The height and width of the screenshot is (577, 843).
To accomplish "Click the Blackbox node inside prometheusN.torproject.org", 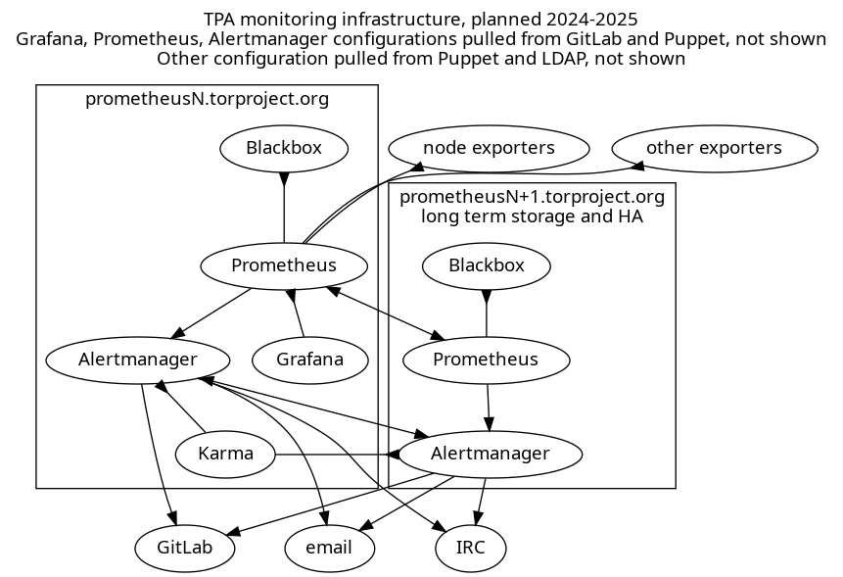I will tap(284, 149).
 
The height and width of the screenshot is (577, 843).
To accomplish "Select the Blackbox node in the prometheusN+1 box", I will tap(487, 265).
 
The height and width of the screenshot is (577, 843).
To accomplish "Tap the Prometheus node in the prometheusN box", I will tap(284, 265).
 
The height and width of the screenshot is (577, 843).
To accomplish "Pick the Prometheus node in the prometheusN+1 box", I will tap(487, 360).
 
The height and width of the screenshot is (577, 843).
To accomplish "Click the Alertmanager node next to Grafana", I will tap(137, 360).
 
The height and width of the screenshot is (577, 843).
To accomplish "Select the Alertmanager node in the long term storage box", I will tap(492, 454).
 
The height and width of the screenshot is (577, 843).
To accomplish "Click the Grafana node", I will tap(309, 360).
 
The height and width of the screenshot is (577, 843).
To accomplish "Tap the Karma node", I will tap(225, 454).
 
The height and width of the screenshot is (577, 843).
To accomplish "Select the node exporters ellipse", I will tap(489, 149).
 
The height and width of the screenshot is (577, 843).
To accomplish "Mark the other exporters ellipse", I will tap(714, 149).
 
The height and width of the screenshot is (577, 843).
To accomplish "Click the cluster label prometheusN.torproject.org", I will tap(207, 99).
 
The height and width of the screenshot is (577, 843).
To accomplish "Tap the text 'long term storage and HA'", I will tap(532, 217).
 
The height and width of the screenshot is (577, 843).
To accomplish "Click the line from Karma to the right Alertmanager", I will tap(333, 455).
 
